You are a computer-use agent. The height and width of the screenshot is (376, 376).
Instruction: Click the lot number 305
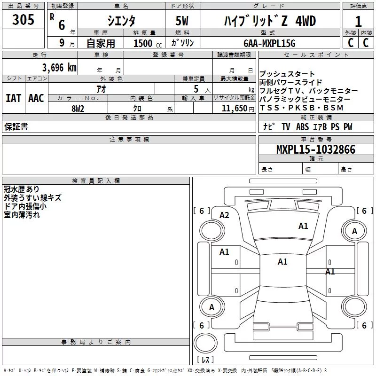(x=23, y=20)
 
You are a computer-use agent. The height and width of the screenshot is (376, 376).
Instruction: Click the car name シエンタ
(x=121, y=21)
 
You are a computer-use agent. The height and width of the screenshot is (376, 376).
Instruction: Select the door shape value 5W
(x=182, y=21)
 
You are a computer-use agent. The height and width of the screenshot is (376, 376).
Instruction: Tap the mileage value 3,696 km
(x=59, y=68)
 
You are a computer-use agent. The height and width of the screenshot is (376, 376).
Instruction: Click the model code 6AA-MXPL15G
(x=269, y=43)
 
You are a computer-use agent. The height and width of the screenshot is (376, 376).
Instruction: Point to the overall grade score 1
(x=358, y=22)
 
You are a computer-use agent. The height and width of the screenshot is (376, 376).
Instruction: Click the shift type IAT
(x=14, y=98)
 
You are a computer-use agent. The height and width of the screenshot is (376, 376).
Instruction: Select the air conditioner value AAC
(x=36, y=98)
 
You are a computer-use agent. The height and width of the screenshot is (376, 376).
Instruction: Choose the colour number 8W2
(x=78, y=109)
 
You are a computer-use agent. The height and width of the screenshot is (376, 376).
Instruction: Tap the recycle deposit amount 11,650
(x=235, y=109)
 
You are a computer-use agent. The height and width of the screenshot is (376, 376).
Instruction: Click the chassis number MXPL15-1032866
(x=316, y=149)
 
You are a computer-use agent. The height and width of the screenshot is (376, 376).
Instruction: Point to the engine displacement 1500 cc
(x=148, y=43)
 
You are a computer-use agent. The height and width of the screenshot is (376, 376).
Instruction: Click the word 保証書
(x=16, y=126)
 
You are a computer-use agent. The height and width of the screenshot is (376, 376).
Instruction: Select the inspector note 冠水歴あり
(x=21, y=189)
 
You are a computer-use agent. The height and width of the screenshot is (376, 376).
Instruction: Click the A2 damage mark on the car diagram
(x=225, y=215)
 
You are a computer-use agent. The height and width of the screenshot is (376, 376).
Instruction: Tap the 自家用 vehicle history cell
(x=101, y=43)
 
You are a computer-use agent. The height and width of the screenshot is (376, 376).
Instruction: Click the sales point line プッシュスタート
(x=287, y=74)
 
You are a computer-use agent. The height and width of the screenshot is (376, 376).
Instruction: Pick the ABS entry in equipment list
(x=302, y=126)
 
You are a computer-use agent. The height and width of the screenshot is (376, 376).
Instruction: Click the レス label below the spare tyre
(x=205, y=360)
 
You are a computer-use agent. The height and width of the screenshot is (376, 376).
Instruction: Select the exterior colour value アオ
(x=101, y=89)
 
